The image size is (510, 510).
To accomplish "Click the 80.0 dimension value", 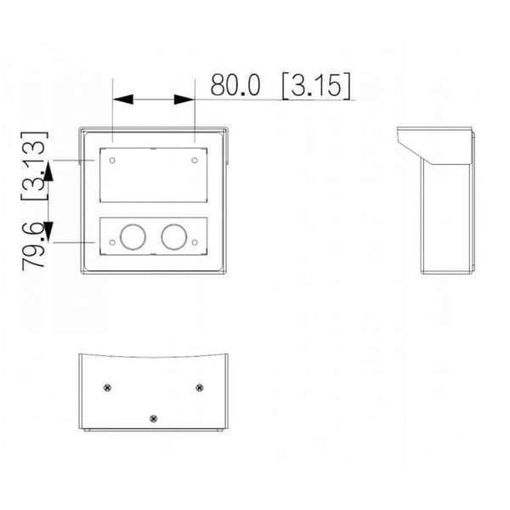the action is (x=235, y=84).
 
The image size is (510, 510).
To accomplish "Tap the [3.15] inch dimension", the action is (x=317, y=86).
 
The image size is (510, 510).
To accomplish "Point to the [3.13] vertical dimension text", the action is (x=34, y=166).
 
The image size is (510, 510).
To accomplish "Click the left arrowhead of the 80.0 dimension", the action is (x=122, y=99).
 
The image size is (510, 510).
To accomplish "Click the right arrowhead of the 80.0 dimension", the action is (x=184, y=99).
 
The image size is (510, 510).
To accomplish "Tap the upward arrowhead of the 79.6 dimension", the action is (x=48, y=171).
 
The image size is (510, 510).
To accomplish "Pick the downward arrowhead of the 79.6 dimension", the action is (x=48, y=232).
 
